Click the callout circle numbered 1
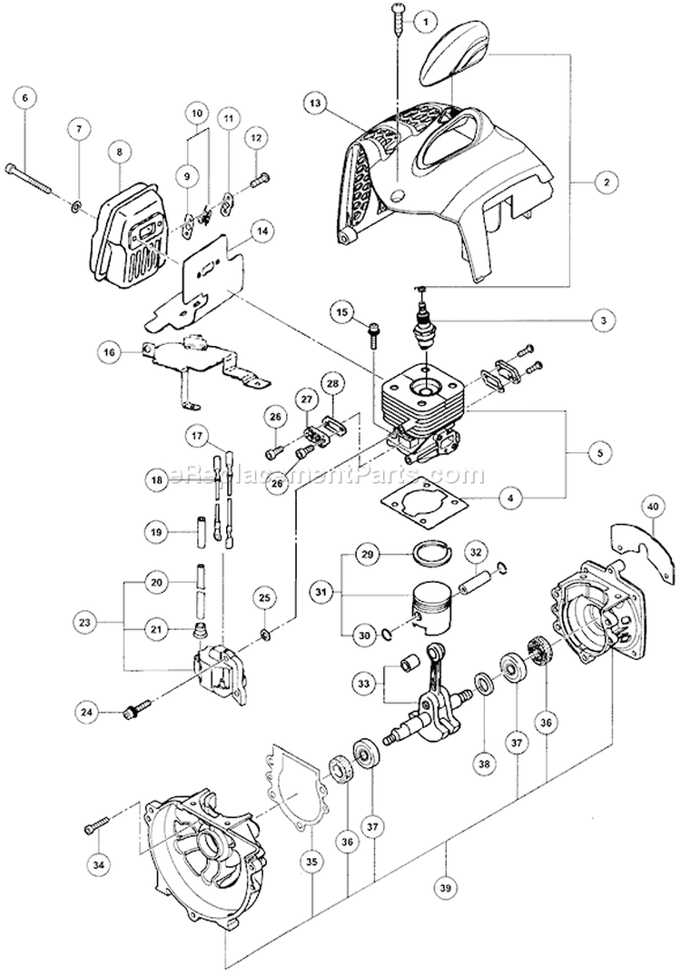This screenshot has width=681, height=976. point(421,18)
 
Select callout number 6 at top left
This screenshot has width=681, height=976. point(25,96)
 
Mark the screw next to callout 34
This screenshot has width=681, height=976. point(94,827)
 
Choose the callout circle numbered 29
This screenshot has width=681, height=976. point(366,553)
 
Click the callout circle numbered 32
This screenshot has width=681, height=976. point(476,553)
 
